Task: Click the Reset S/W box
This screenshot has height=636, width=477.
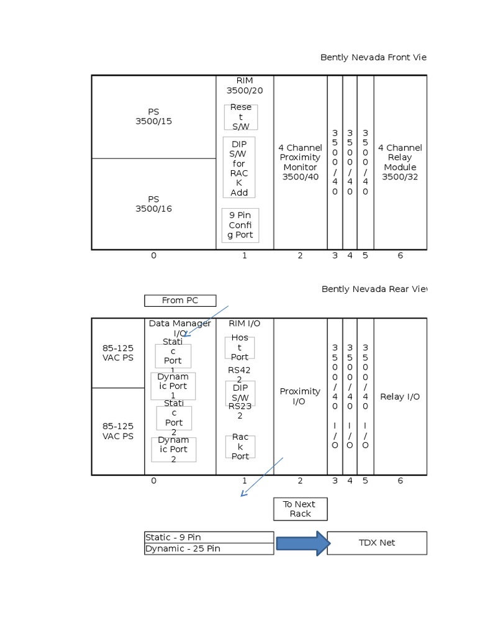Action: (x=241, y=117)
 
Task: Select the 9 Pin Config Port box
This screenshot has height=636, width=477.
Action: (x=240, y=225)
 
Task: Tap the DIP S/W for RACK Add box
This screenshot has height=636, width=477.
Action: (x=239, y=168)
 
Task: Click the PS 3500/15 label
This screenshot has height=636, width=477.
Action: (x=153, y=117)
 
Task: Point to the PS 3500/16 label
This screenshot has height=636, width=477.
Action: (x=153, y=204)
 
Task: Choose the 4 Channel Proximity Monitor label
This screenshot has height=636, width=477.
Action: (x=301, y=162)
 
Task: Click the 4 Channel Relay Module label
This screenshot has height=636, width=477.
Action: (x=400, y=162)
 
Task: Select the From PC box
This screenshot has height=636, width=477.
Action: (x=180, y=301)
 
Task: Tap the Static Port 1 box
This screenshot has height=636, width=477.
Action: (x=173, y=356)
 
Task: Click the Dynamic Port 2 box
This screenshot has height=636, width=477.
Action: (x=174, y=450)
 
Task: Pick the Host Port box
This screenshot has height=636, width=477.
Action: (x=240, y=348)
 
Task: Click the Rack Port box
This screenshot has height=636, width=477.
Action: (x=240, y=447)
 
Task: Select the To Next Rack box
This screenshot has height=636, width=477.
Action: (x=300, y=509)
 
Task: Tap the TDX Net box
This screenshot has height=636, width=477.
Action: (x=377, y=543)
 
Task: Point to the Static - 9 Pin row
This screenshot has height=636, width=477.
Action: (x=209, y=537)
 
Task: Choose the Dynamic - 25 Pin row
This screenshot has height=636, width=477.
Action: (x=209, y=548)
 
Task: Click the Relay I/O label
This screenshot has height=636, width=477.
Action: (x=400, y=396)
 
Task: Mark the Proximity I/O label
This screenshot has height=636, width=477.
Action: (x=300, y=396)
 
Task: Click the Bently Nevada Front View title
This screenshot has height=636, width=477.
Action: (x=373, y=58)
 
